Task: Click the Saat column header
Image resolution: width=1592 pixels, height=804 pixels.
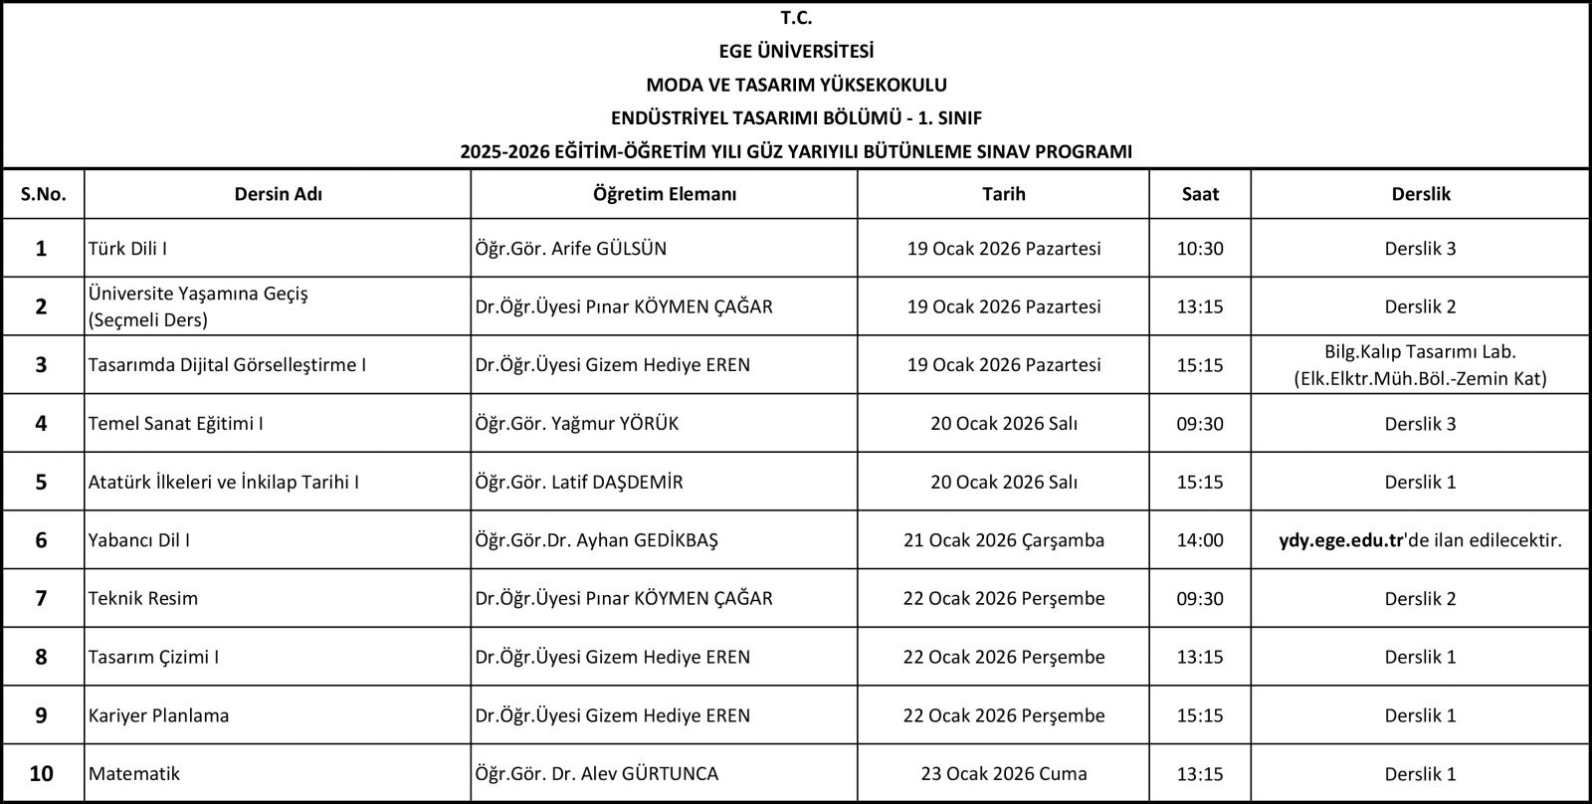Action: tap(1200, 194)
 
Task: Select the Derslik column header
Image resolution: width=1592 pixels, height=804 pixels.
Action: tap(1420, 194)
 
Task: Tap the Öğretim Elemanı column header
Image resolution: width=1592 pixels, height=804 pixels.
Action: tap(664, 194)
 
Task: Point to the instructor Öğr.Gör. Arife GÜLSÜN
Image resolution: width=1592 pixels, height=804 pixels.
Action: tap(571, 249)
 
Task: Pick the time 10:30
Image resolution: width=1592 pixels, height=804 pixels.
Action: tap(1200, 249)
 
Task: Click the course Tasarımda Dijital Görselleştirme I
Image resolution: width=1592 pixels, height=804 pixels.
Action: tap(227, 365)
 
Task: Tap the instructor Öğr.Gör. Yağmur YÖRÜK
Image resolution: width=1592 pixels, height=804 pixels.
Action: tap(577, 424)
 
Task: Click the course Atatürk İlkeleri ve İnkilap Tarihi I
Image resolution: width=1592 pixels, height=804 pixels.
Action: tap(224, 483)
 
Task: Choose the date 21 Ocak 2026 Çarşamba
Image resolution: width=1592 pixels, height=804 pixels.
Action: tap(1004, 540)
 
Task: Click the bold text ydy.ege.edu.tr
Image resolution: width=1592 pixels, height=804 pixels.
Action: tap(1340, 540)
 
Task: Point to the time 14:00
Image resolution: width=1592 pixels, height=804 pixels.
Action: tap(1200, 540)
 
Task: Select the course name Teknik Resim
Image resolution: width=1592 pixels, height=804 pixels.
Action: tap(143, 599)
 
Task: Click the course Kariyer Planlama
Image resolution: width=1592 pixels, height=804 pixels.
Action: tap(158, 715)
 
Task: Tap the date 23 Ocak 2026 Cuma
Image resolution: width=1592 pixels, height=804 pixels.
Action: tap(1004, 774)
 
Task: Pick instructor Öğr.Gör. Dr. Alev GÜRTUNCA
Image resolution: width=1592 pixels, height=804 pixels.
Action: tap(597, 774)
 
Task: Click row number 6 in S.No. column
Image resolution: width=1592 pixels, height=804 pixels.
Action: tap(41, 540)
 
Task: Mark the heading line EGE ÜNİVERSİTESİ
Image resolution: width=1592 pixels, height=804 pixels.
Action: tap(796, 51)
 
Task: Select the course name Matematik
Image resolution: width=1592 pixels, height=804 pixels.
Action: tap(134, 774)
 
